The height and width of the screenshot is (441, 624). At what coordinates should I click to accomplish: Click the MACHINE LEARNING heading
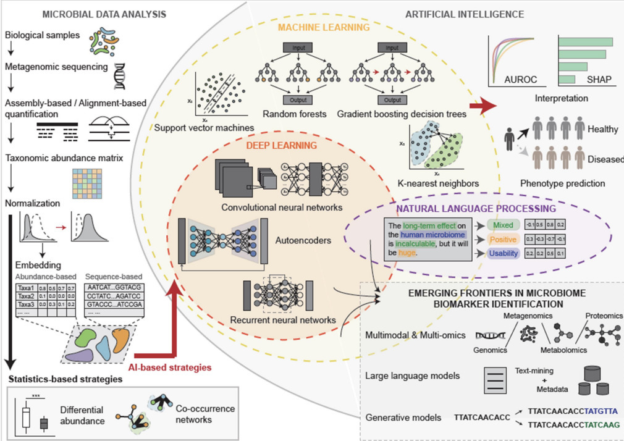coord(324,27)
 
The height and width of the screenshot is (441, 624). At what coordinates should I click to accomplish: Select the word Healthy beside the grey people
coord(604,129)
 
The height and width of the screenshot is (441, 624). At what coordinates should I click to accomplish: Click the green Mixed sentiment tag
coord(499,225)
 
